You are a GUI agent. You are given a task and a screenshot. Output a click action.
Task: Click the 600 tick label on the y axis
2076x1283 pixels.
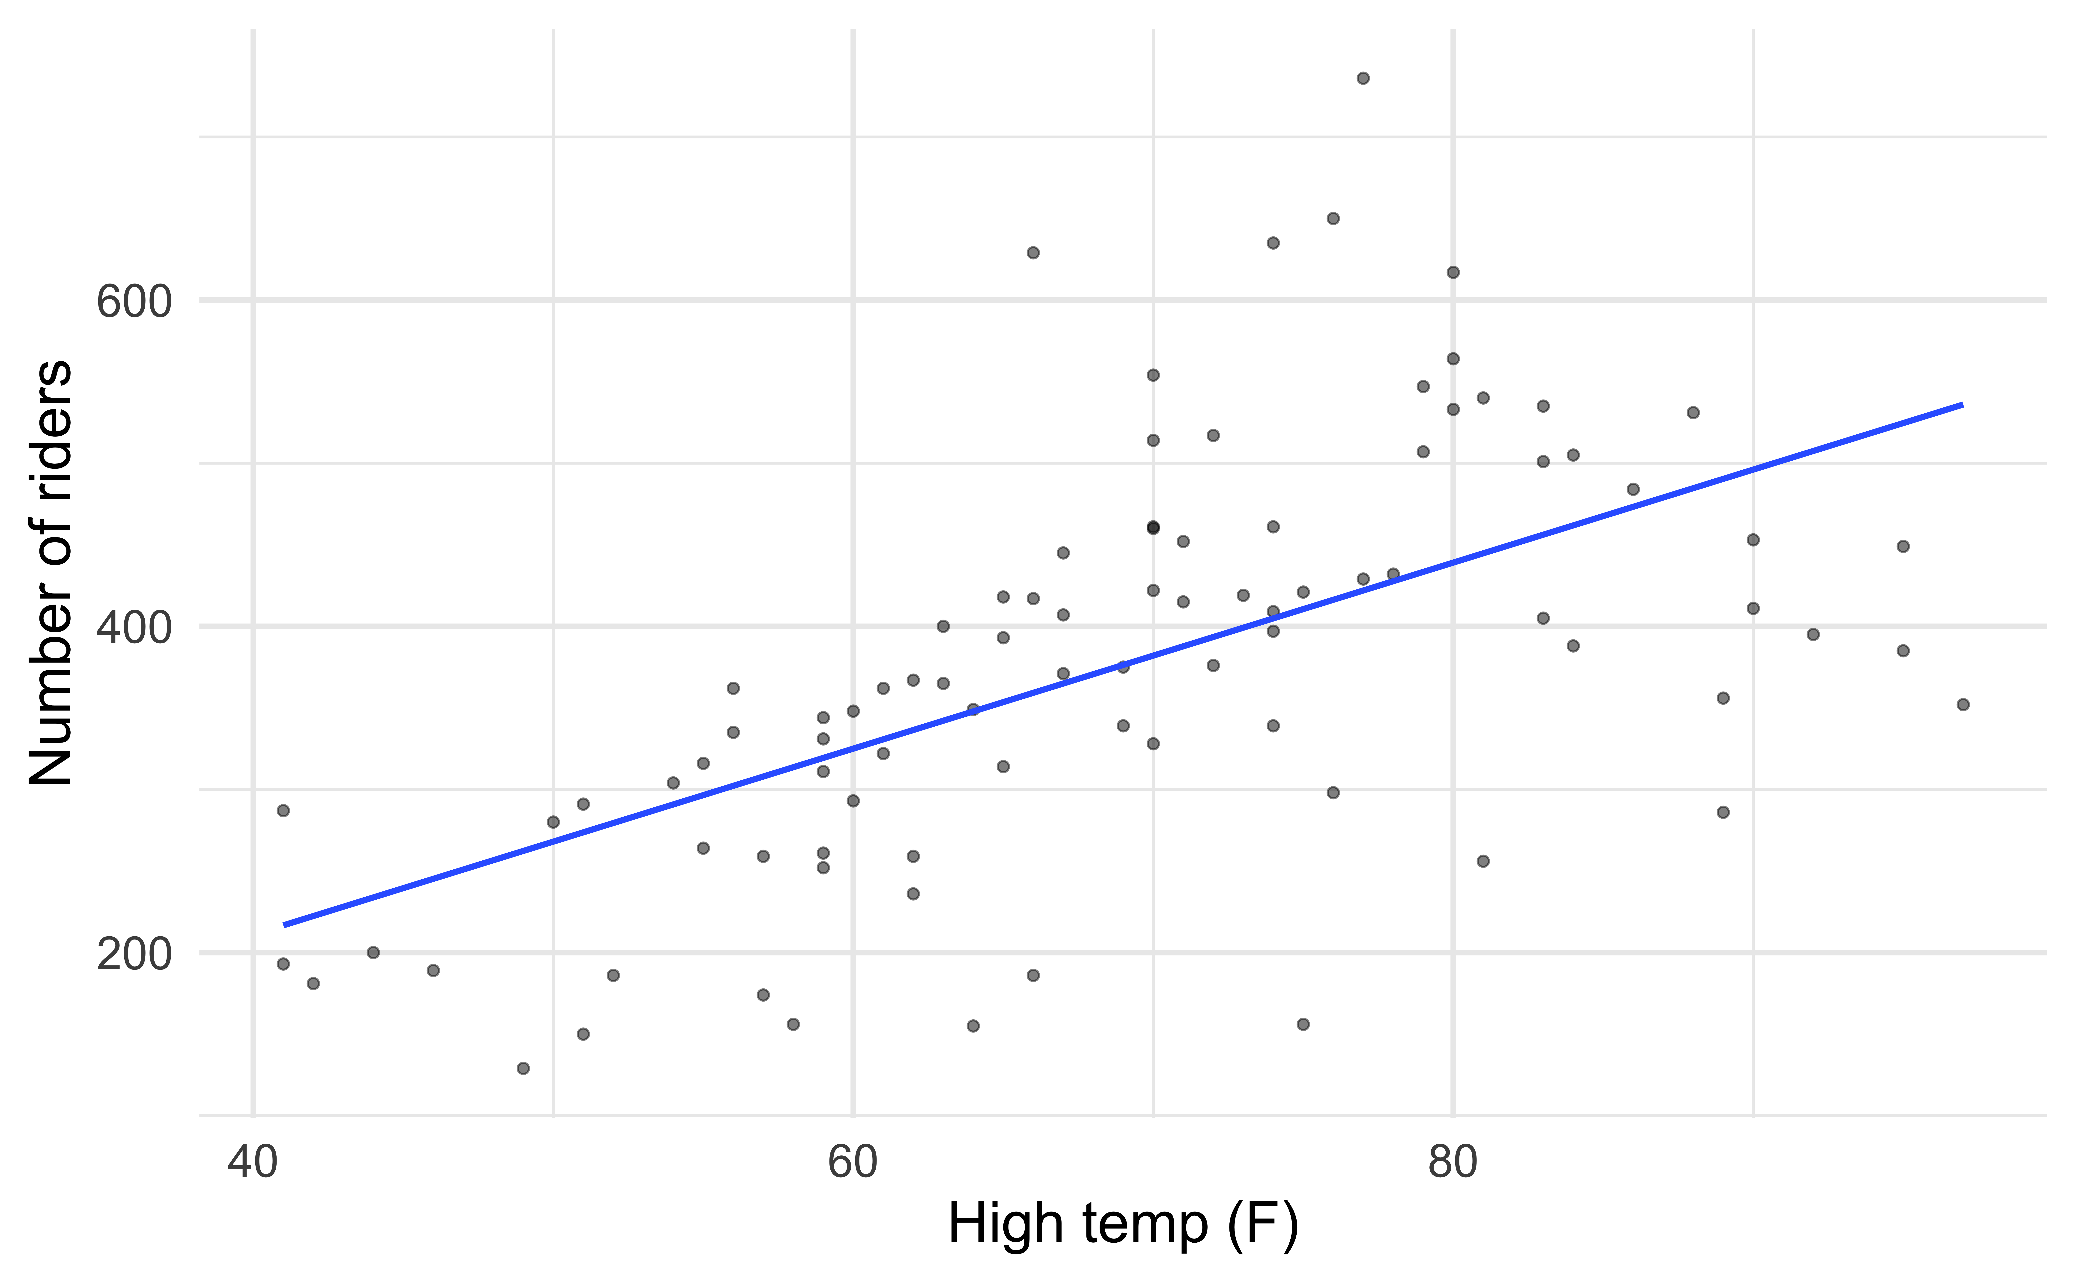click(x=134, y=302)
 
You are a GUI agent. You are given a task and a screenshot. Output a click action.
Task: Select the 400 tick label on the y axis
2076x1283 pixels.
click(x=134, y=629)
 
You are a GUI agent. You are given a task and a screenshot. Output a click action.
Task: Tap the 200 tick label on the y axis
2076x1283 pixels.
click(x=134, y=955)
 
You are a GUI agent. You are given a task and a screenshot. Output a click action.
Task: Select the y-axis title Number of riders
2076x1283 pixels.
click(x=51, y=573)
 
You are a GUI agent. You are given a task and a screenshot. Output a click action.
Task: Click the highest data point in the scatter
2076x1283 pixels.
click(x=1363, y=78)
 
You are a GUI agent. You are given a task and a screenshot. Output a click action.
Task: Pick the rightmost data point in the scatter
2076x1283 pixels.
click(x=1962, y=704)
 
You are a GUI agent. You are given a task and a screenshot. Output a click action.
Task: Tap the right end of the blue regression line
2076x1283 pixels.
click(x=1962, y=405)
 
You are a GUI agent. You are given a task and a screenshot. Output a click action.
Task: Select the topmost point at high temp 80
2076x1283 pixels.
click(x=1453, y=272)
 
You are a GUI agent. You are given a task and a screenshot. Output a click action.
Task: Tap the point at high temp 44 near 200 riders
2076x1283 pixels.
click(x=373, y=952)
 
